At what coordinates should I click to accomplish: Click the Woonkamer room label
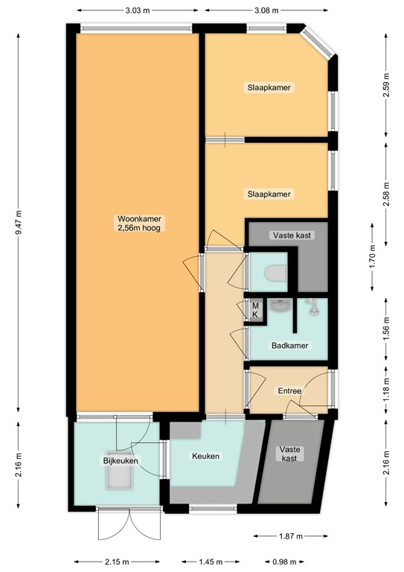pos(139,223)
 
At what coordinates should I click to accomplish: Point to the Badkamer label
pos(289,346)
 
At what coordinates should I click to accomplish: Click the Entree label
pos(289,390)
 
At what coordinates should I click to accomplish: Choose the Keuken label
pos(205,456)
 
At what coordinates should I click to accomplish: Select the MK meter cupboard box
pos(254,310)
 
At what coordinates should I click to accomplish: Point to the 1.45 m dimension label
pos(211,562)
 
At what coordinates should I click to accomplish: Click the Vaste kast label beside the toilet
pos(292,235)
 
